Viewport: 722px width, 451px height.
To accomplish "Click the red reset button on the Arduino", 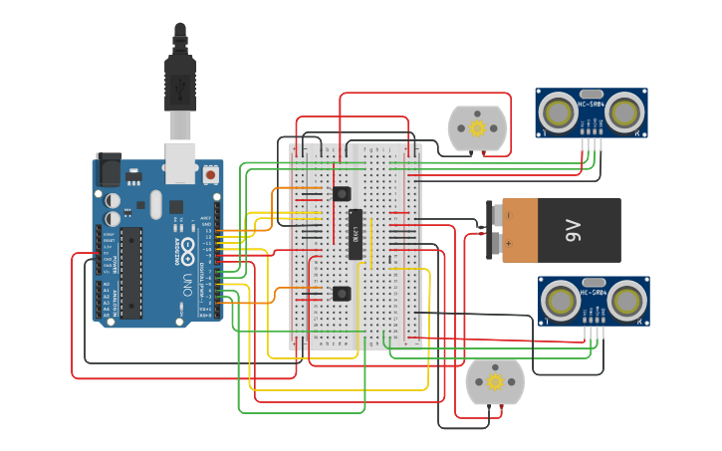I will [x=210, y=174].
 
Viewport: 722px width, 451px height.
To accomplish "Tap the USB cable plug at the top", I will [x=180, y=84].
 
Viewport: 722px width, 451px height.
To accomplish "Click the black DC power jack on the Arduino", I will [x=110, y=170].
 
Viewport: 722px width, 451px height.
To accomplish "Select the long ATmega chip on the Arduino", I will [x=131, y=272].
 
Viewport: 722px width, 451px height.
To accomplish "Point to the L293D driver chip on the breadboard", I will [x=355, y=234].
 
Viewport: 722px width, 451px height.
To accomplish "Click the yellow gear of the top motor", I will [x=477, y=127].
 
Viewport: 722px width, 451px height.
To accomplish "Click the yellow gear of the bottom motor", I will [x=495, y=381].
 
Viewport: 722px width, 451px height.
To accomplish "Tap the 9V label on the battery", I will [x=574, y=231].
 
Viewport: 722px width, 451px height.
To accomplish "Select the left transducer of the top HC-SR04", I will [x=559, y=112].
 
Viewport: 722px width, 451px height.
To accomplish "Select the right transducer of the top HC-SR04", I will [x=624, y=112].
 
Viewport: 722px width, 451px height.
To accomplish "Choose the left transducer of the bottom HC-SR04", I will [x=561, y=300].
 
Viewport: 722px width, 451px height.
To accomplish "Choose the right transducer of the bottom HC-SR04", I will [x=626, y=300].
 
